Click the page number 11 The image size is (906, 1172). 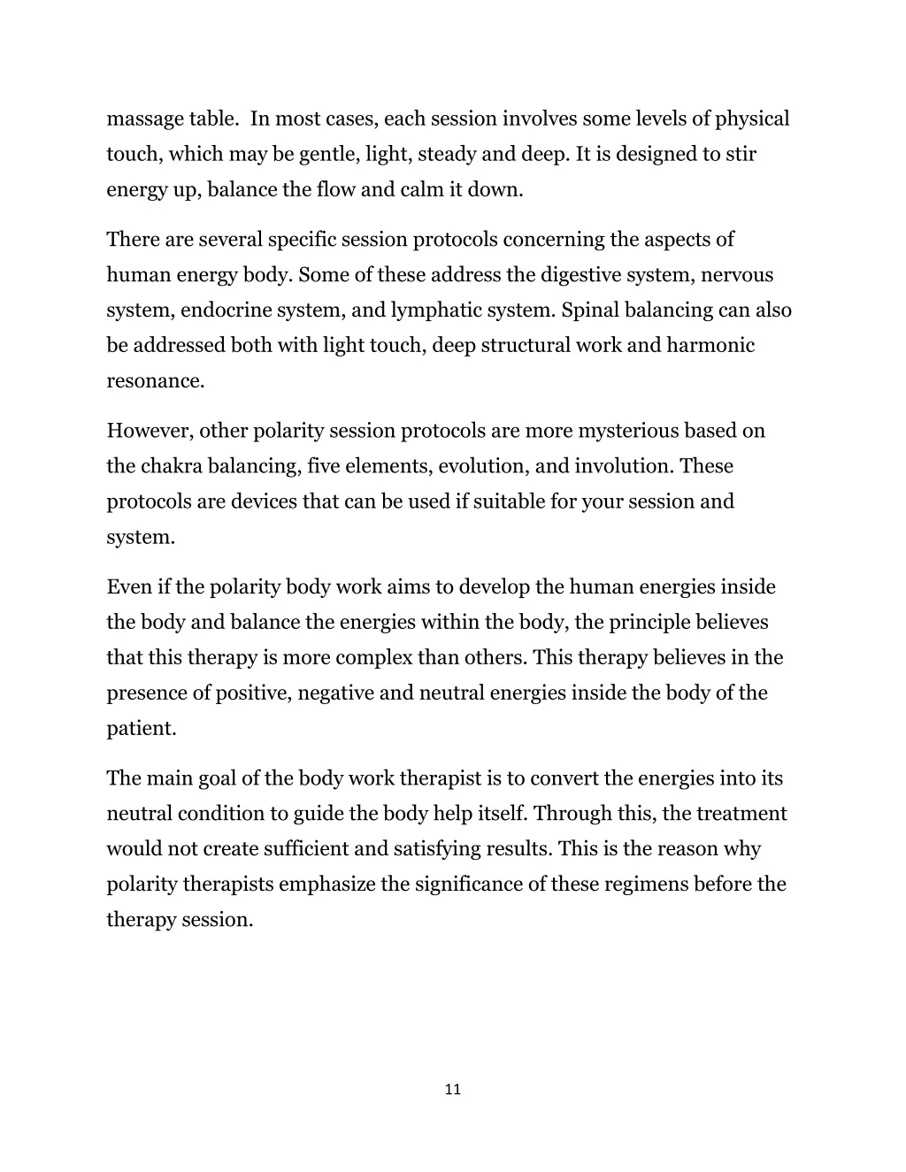pos(452,1090)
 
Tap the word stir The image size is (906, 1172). pos(741,155)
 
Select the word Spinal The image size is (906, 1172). pos(590,310)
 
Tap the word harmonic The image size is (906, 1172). pos(710,346)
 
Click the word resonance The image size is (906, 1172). pos(156,381)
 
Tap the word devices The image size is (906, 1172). pos(264,502)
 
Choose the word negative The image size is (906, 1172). pos(335,693)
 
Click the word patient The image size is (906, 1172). pos(142,729)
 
